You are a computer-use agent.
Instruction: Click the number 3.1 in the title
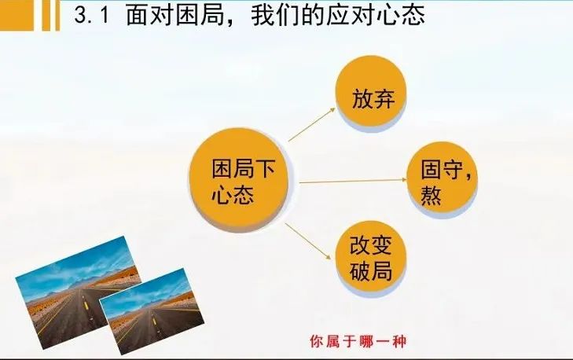point(92,15)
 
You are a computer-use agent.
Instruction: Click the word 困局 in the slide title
point(203,15)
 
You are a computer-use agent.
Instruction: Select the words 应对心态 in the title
point(375,15)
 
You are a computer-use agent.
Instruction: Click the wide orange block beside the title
point(17,15)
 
